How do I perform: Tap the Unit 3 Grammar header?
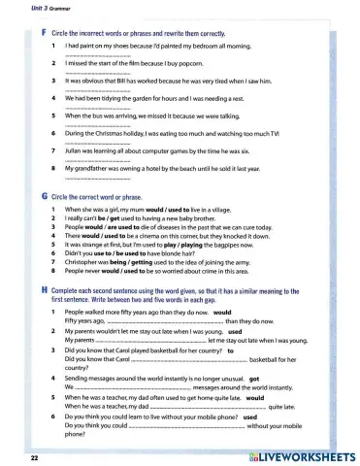pos(26,7)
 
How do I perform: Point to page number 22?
pos(34,454)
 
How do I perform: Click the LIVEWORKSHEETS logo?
pos(295,453)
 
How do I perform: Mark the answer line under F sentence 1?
pos(97,54)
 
